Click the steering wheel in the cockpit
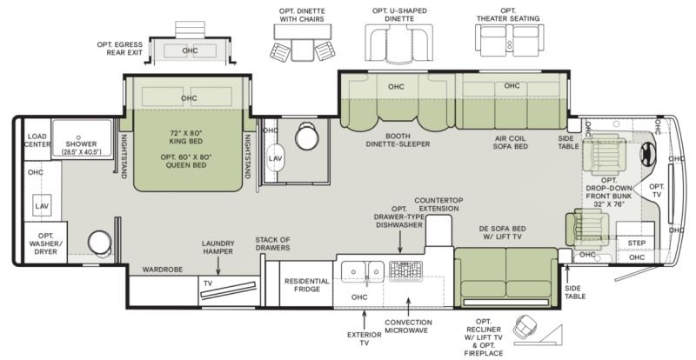point(647,155)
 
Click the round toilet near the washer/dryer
point(99,242)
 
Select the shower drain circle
point(78,137)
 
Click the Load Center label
point(37,140)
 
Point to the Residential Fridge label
point(307,285)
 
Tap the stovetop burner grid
point(405,271)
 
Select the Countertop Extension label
point(439,204)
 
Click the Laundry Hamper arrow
point(218,267)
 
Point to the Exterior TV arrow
point(365,319)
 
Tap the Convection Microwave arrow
point(408,306)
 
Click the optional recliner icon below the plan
point(525,330)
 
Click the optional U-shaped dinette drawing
point(398,43)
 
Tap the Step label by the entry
point(636,243)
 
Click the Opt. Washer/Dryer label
point(46,243)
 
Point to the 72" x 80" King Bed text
point(186,137)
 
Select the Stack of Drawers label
point(272,243)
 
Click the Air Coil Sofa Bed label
point(510,142)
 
